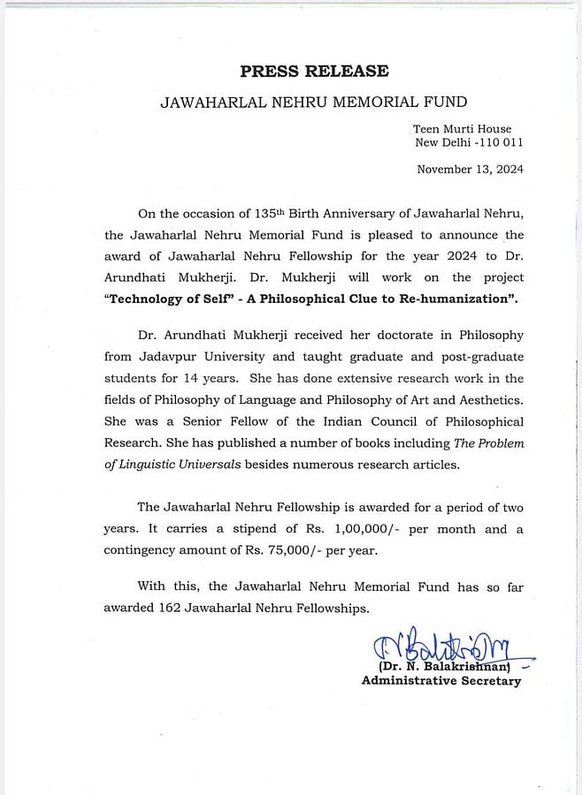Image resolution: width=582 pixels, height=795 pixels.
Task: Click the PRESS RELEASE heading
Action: coord(314,72)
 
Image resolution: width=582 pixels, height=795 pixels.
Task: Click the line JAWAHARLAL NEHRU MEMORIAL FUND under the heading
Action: coord(313,102)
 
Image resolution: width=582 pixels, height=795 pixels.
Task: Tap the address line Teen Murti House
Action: coord(462,129)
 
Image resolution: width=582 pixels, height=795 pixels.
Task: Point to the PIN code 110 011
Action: coord(501,142)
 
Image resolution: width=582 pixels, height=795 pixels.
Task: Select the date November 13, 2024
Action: coord(470,169)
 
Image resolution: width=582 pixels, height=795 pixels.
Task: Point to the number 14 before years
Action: coord(206,378)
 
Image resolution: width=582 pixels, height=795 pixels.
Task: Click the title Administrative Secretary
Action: coord(440,681)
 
